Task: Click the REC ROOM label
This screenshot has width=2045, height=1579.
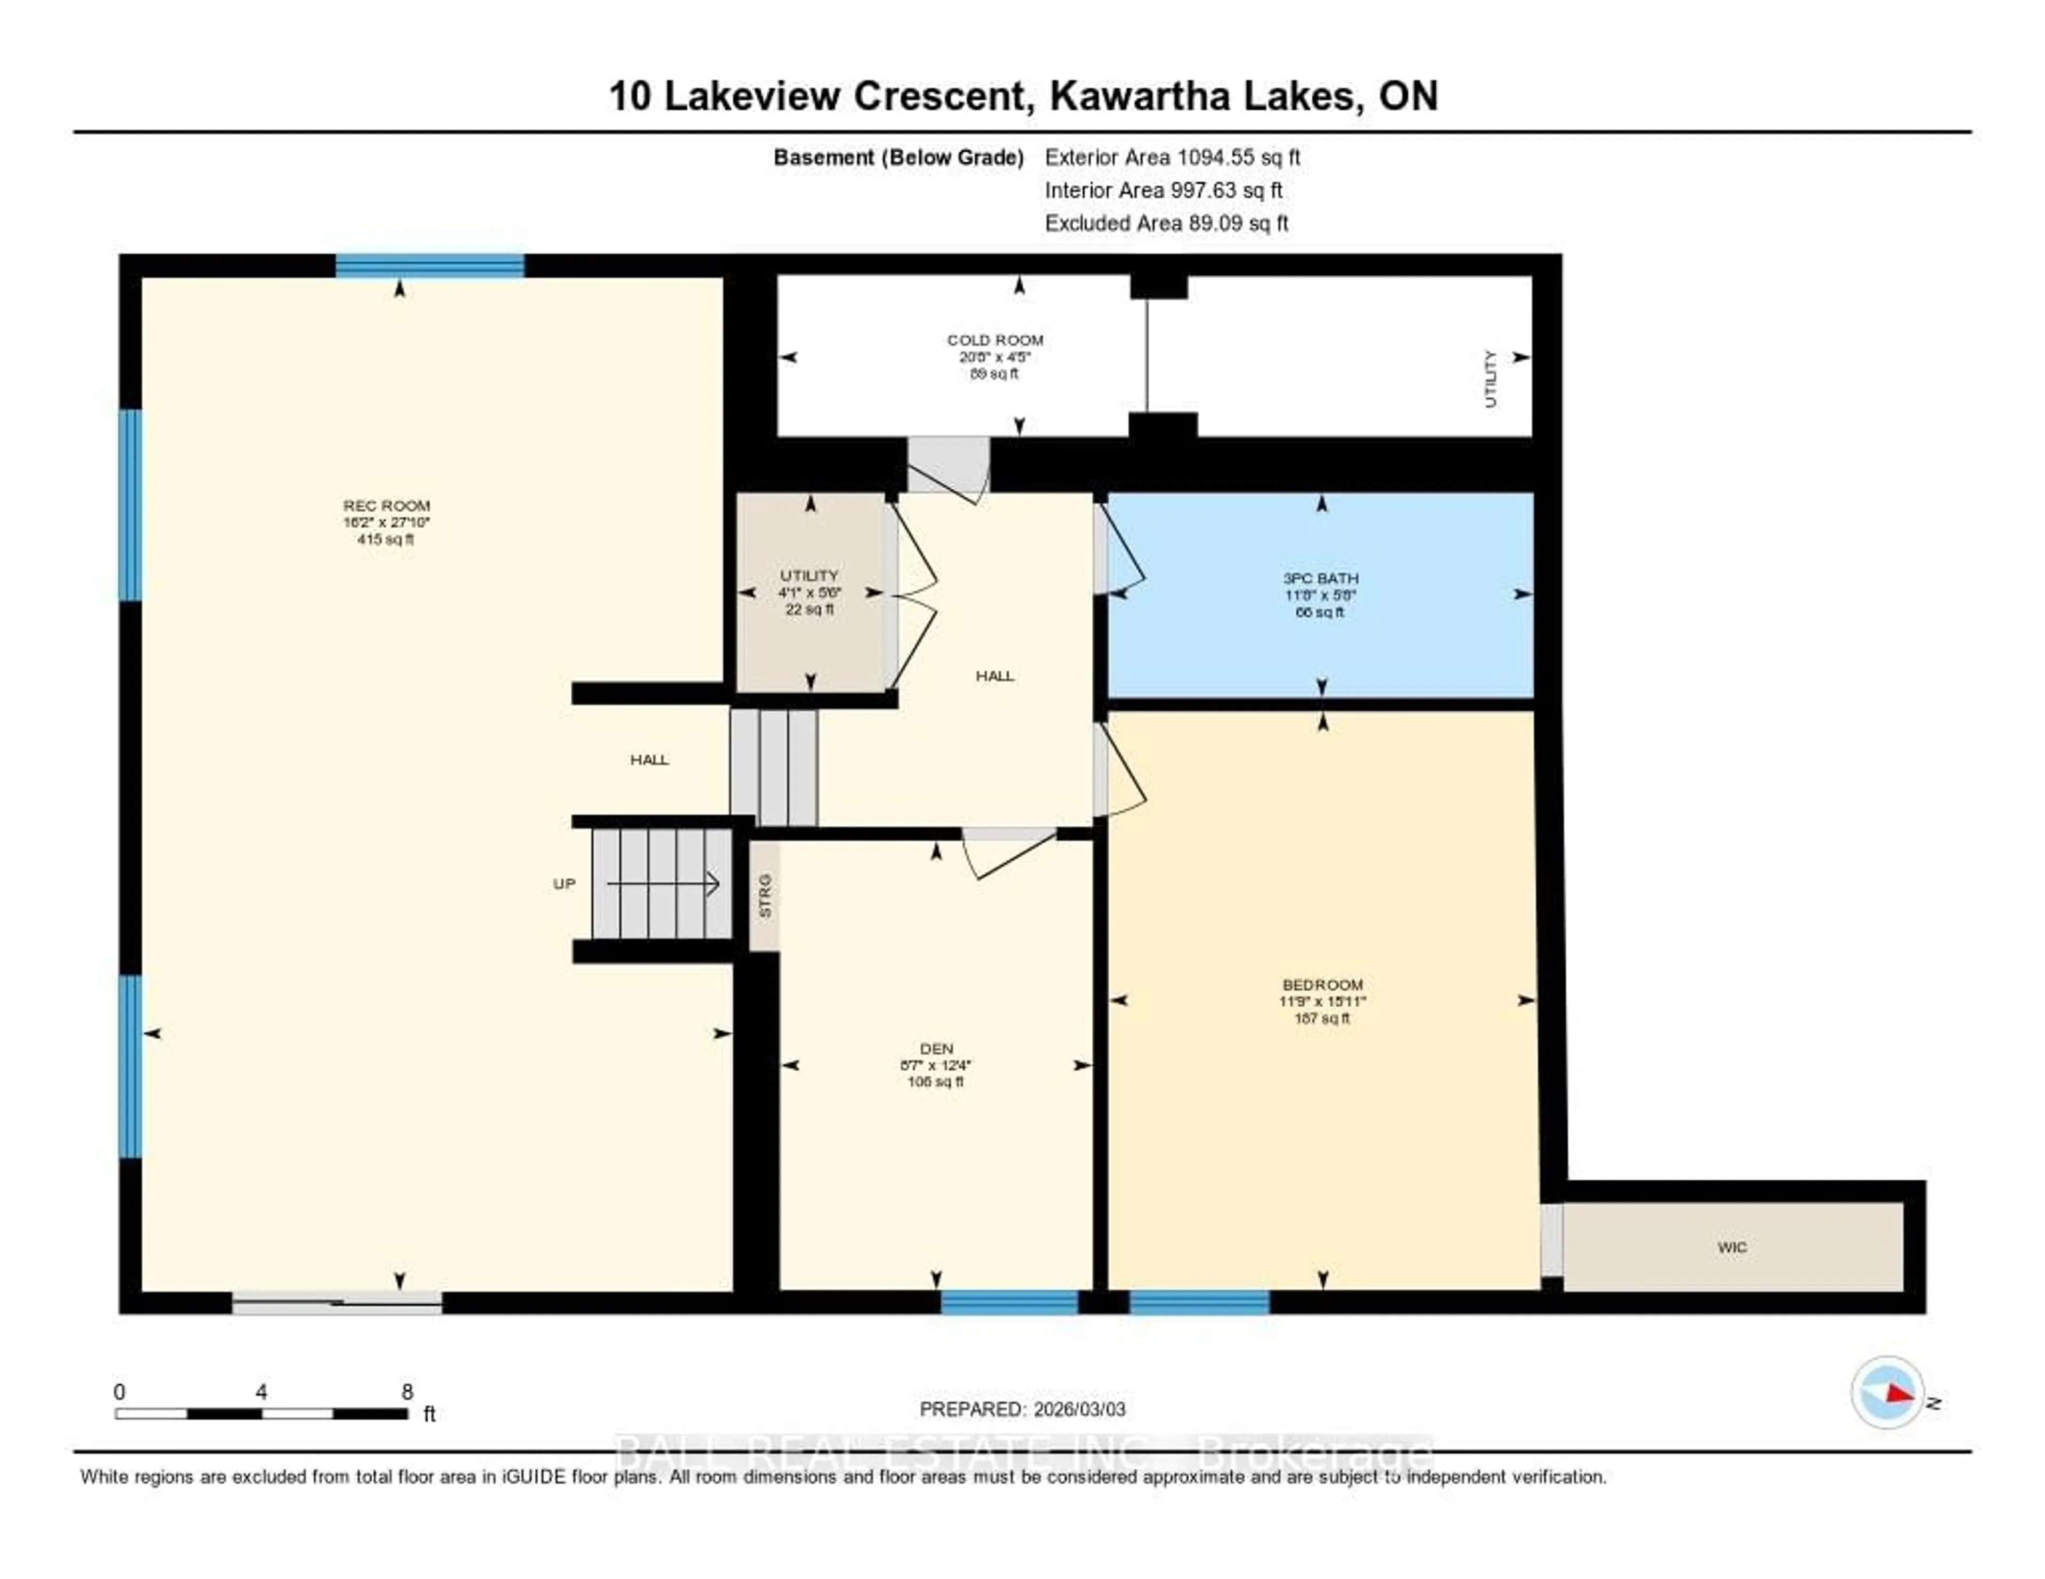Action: point(386,505)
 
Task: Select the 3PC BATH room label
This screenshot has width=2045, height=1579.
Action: point(1320,579)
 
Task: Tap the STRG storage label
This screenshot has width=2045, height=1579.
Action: point(765,896)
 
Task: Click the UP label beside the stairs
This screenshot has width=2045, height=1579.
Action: point(563,884)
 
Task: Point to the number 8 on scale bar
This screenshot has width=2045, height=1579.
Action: point(407,1392)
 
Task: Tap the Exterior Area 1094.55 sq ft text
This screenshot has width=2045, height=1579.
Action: point(1172,157)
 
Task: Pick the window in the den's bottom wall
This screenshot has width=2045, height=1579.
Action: point(1009,1303)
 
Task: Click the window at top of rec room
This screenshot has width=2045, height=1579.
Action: point(430,266)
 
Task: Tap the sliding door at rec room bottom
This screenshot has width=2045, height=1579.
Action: point(337,1303)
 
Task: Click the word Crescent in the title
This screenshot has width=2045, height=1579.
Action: point(943,96)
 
